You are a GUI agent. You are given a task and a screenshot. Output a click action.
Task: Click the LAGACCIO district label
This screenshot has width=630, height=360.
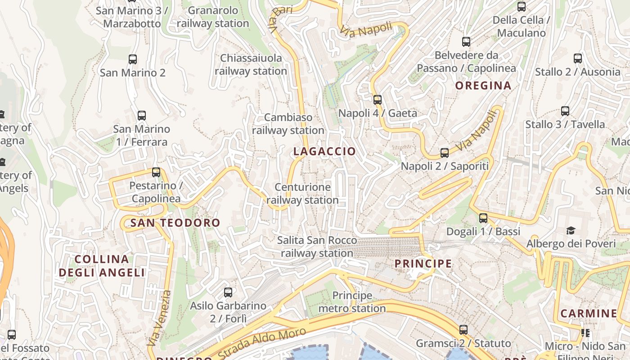[x=324, y=152]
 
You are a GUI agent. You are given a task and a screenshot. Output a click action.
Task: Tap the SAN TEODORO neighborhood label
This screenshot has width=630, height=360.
[x=175, y=223]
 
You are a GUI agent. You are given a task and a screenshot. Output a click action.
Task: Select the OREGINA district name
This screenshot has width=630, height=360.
[x=483, y=85]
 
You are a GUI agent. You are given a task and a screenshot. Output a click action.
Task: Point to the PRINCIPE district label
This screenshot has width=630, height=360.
[x=423, y=264]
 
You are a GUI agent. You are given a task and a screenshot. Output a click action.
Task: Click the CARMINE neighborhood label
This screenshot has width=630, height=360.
[x=589, y=313]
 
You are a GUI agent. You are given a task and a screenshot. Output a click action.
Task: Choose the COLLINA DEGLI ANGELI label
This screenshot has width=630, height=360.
[x=102, y=265]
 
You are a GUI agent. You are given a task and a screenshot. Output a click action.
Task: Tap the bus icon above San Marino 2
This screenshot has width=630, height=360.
[x=133, y=59]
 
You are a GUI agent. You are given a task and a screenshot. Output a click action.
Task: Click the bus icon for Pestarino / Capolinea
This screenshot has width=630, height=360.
[x=156, y=172]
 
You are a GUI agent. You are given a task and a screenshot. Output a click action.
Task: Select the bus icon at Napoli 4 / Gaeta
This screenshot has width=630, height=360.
[x=378, y=100]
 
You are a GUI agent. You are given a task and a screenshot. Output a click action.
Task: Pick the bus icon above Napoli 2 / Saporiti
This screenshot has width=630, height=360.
[x=445, y=153]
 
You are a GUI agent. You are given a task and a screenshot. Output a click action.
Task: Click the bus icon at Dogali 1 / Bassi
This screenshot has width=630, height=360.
[x=483, y=218]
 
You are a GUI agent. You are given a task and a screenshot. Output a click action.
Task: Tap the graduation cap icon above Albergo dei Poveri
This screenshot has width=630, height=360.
[x=571, y=231]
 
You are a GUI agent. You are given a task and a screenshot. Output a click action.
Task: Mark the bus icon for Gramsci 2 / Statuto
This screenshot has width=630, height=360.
[x=463, y=330]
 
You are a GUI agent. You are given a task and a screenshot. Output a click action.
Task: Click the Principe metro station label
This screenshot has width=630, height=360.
[x=352, y=302]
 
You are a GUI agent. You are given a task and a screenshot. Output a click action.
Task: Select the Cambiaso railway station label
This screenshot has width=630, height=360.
[x=288, y=124]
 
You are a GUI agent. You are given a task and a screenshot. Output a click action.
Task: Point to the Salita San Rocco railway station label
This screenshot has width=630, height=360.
[x=317, y=247]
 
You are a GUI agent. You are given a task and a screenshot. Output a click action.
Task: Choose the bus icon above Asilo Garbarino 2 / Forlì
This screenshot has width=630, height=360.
[x=228, y=292]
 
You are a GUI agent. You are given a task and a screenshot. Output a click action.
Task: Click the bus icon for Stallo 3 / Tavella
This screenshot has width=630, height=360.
[x=565, y=111]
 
